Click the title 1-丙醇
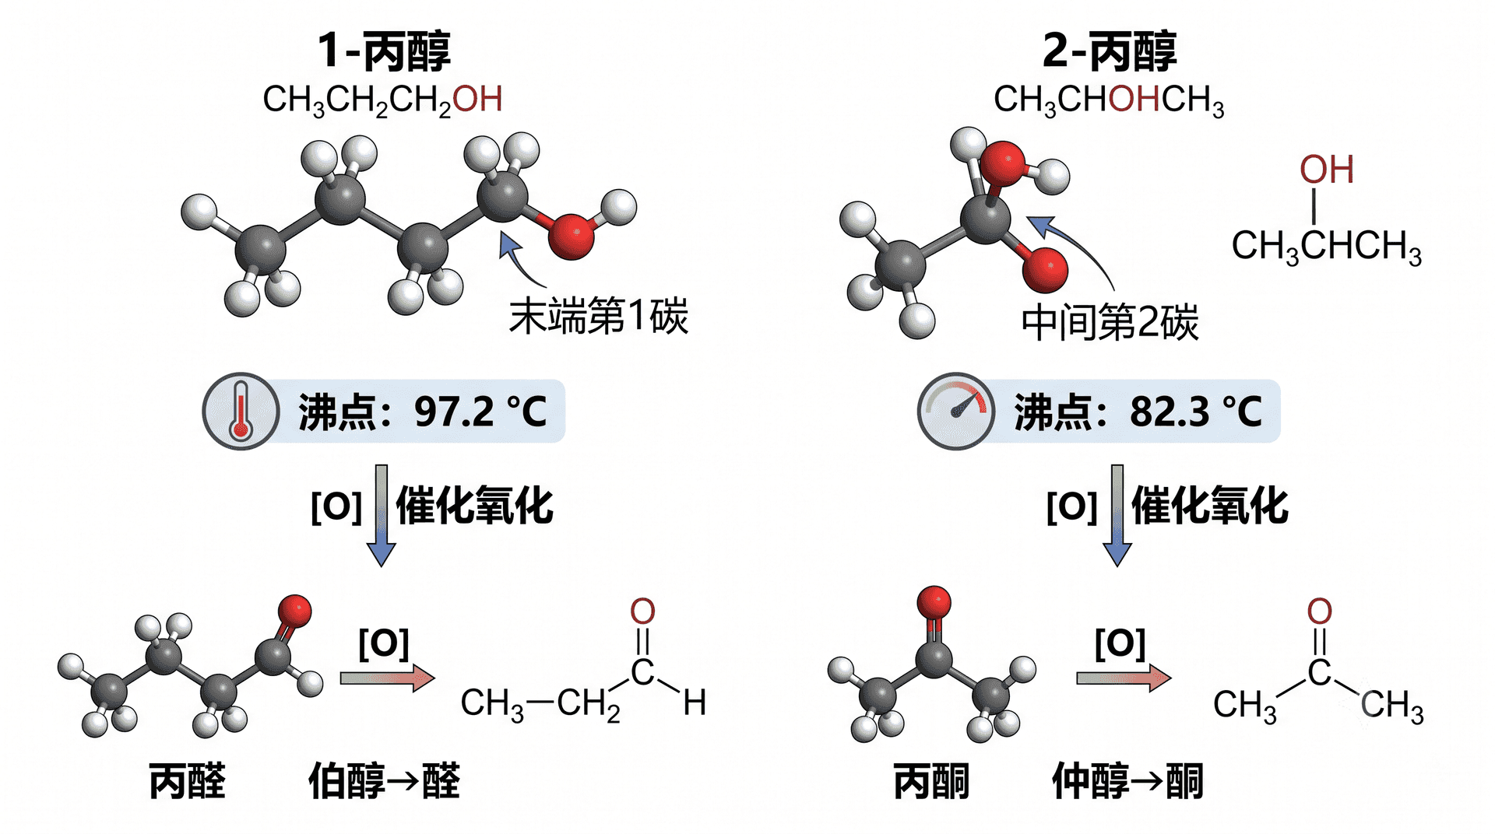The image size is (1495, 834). pyautogui.click(x=383, y=51)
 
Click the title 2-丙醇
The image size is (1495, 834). pyautogui.click(x=1109, y=51)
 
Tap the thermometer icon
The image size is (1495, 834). pyautogui.click(x=241, y=411)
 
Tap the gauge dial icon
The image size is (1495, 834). pyautogui.click(x=955, y=411)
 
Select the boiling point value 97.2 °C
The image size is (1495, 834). pyautogui.click(x=480, y=412)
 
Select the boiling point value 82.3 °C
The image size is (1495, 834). pyautogui.click(x=1196, y=412)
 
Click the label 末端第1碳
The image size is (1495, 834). pyautogui.click(x=598, y=316)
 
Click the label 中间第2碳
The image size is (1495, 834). pyautogui.click(x=1110, y=322)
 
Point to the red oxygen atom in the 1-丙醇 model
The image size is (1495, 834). pyautogui.click(x=572, y=236)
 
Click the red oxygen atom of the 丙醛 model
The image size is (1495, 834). pyautogui.click(x=294, y=611)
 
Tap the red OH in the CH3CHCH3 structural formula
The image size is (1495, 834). pyautogui.click(x=1327, y=170)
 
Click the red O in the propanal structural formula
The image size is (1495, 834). pyautogui.click(x=642, y=611)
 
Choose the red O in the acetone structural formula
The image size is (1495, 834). pyautogui.click(x=1319, y=611)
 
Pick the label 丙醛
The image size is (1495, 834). pyautogui.click(x=188, y=781)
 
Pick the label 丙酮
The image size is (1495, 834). pyautogui.click(x=931, y=781)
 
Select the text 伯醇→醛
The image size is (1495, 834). pyautogui.click(x=385, y=781)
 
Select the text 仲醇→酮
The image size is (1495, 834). pyautogui.click(x=1128, y=781)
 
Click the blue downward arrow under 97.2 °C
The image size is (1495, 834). pyautogui.click(x=382, y=516)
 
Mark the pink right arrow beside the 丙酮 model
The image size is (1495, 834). pyautogui.click(x=1124, y=678)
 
